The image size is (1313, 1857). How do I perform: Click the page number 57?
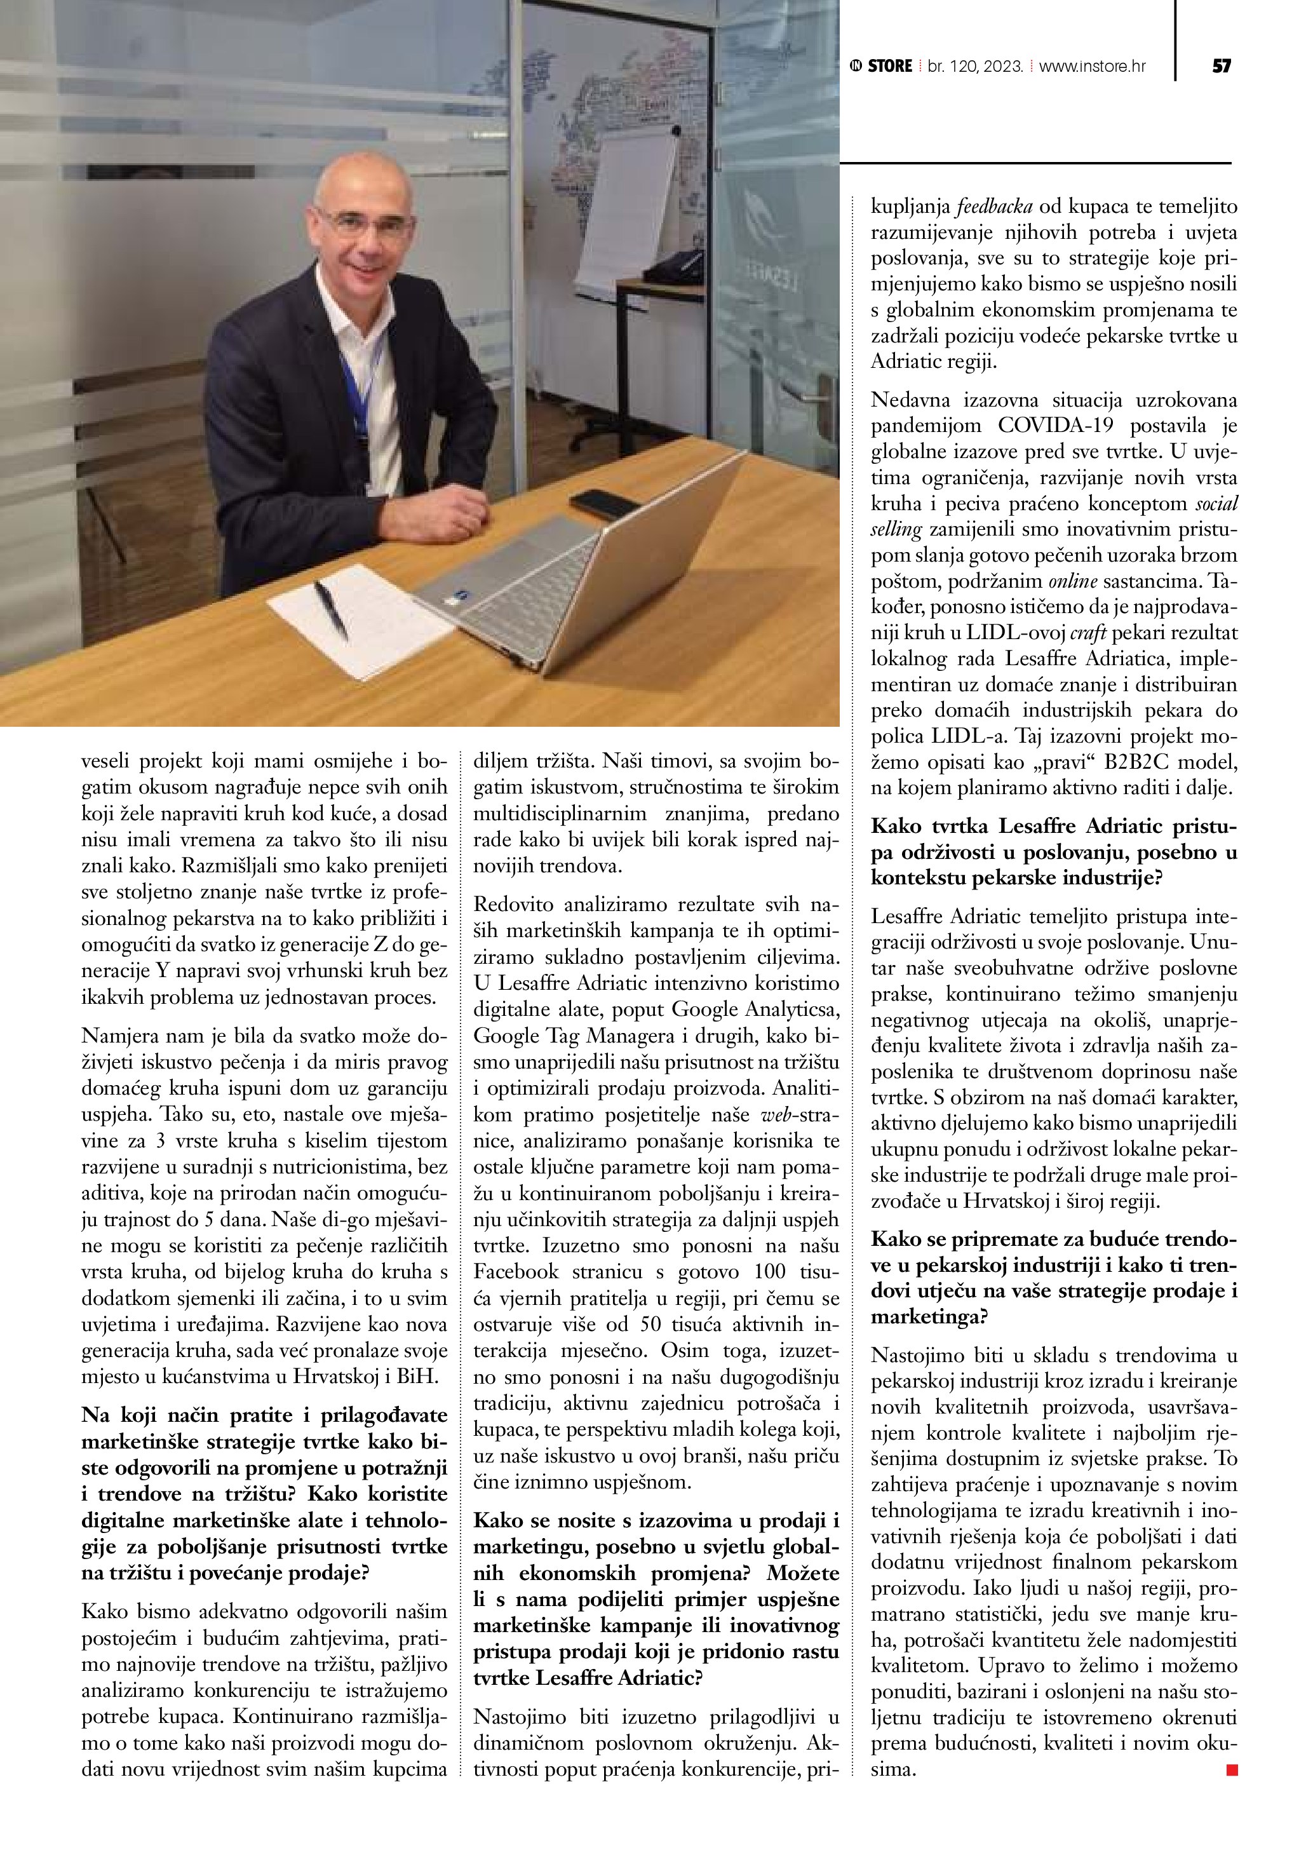point(1222,66)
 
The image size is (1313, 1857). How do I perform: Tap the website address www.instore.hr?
point(1091,66)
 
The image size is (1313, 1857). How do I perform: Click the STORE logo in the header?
point(882,66)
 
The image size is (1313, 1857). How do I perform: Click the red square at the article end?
point(1231,1771)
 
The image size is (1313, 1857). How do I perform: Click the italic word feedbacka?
point(991,207)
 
